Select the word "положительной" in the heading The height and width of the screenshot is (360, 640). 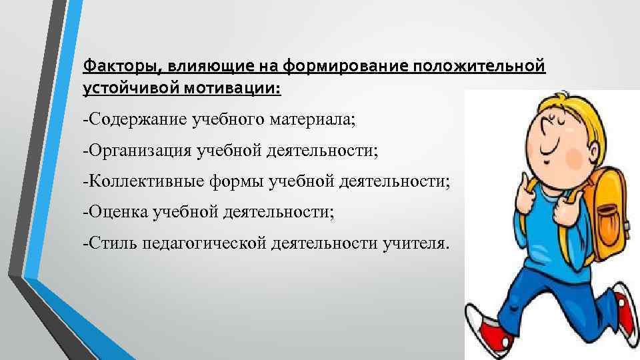point(479,67)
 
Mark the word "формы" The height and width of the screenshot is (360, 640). point(255,181)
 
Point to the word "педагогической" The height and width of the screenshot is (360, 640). point(201,243)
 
